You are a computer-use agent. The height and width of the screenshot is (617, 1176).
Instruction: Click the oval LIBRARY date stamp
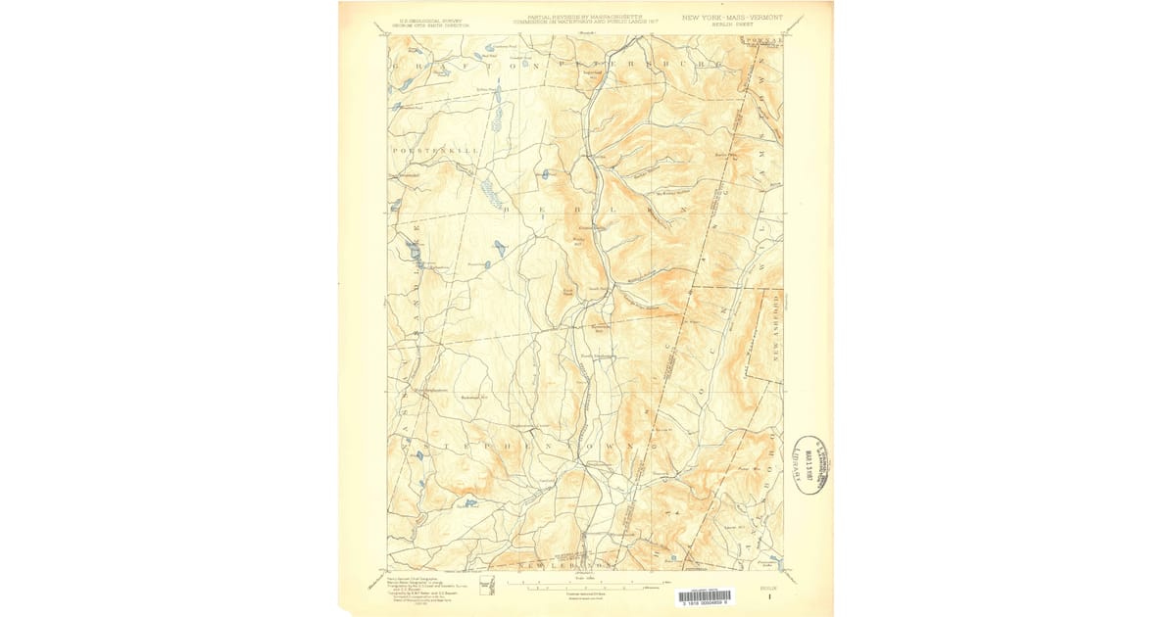tap(810, 464)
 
